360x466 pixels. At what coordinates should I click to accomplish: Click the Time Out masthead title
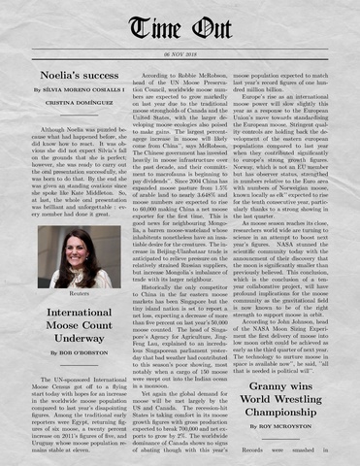tap(180, 28)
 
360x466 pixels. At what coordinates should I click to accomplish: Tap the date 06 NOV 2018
tap(180, 54)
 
